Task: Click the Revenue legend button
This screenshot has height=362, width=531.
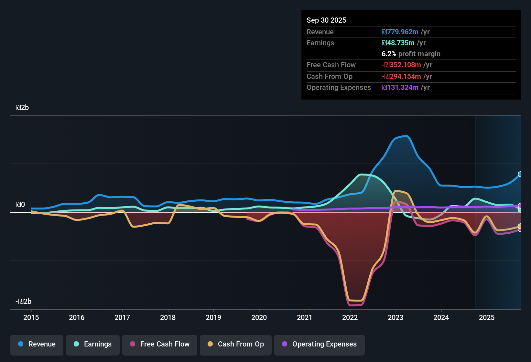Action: (37, 344)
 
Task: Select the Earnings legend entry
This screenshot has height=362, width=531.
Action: (93, 344)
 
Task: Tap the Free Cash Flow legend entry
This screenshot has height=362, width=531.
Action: (160, 344)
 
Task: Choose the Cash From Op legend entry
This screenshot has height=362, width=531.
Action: (236, 344)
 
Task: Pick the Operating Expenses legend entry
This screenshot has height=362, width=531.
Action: (320, 344)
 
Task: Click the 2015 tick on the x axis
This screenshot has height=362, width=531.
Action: (31, 317)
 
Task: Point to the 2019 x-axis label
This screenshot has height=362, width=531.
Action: (213, 317)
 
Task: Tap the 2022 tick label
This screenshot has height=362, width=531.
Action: (350, 317)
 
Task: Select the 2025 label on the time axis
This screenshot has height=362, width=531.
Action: (487, 317)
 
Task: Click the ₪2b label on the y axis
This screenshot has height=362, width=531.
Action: (22, 108)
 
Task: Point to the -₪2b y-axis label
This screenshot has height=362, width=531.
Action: (23, 302)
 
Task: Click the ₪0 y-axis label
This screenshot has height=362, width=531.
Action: (20, 205)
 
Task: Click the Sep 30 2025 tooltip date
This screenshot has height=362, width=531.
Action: (326, 20)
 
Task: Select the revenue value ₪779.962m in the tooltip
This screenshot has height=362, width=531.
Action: (400, 32)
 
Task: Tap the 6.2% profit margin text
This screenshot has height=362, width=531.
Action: (411, 54)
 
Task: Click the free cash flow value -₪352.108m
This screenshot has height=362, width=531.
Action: (401, 65)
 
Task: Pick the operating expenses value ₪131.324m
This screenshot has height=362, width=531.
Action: (400, 88)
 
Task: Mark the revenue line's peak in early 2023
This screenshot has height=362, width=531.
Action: (406, 136)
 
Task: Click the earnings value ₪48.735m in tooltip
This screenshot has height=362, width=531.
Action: (398, 43)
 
